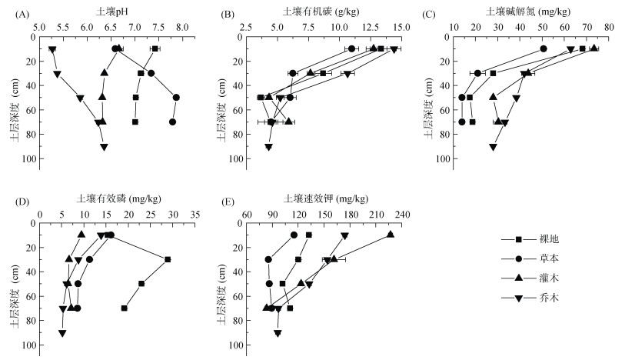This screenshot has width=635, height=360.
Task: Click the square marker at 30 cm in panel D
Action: (168, 259)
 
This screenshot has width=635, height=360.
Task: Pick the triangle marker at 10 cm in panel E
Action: (391, 235)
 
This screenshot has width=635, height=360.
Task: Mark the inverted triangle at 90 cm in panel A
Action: (104, 147)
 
